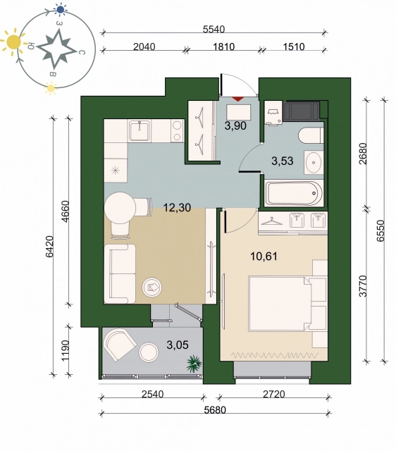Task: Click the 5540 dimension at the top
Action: tap(214, 29)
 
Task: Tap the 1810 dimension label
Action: tap(224, 47)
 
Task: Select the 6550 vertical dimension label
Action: tap(380, 230)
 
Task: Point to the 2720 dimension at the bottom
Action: tap(274, 393)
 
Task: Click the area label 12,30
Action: tap(177, 207)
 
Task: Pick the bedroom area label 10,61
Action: tap(264, 256)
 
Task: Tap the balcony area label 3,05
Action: tap(178, 345)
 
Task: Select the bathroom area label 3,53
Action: tap(283, 161)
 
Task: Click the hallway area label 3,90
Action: tap(235, 125)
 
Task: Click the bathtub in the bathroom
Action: tap(294, 193)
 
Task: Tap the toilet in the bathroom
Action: tap(311, 135)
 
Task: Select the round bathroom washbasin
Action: tap(314, 162)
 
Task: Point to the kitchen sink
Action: tap(140, 131)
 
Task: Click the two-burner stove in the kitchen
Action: tap(178, 131)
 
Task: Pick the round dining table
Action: tap(120, 208)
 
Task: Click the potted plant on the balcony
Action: tap(194, 364)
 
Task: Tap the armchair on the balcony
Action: tap(120, 345)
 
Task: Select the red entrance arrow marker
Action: tap(237, 99)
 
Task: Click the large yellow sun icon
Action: tap(12, 42)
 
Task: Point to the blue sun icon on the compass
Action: tap(61, 10)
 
